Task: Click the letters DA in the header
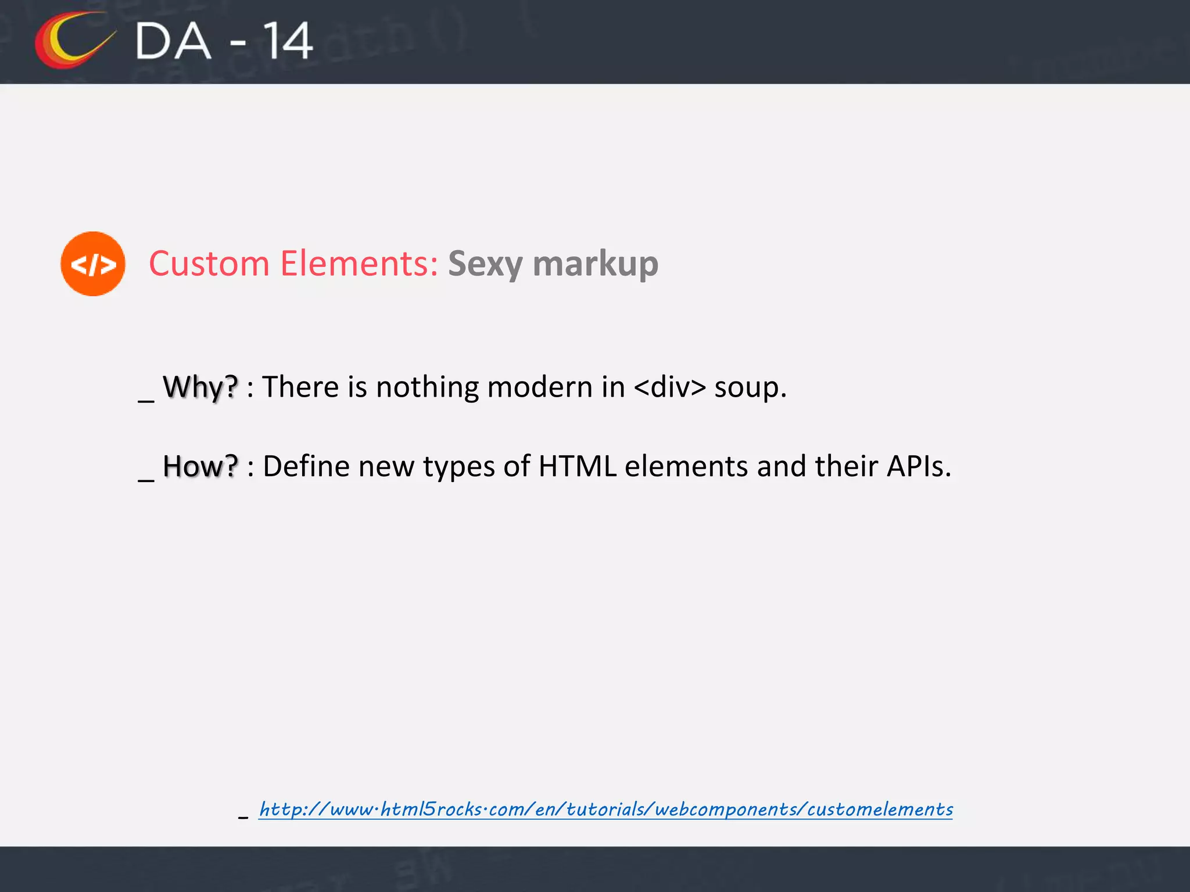173,41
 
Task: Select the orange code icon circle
93,264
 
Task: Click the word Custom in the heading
209,264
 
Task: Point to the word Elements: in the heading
359,264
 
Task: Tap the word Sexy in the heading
486,265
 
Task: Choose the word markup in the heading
596,265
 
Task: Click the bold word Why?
200,387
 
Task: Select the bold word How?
200,466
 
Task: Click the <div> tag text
670,387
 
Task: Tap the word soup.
750,388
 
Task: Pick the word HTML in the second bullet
577,466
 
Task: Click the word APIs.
919,466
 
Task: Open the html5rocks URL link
605,809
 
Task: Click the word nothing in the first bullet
427,388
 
